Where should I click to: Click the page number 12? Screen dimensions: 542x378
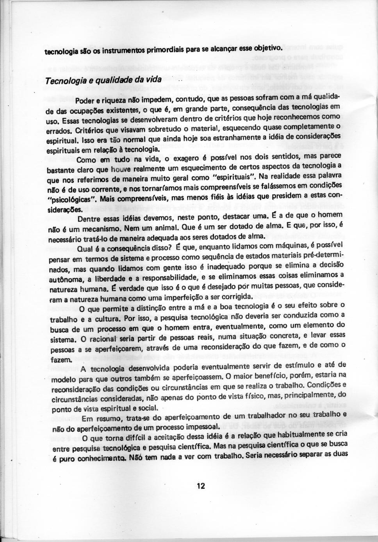click(201, 486)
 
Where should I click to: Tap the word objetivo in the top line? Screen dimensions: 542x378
click(266, 48)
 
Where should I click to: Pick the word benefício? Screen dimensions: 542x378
click(270, 376)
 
